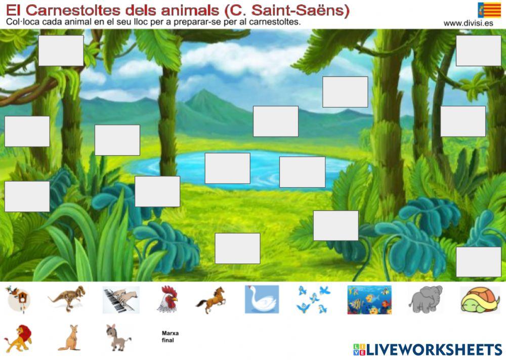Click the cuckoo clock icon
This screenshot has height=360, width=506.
point(18,299)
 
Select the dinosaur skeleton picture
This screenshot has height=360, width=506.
point(67,298)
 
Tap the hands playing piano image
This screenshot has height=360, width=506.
point(121,300)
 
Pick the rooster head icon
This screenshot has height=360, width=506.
point(168,299)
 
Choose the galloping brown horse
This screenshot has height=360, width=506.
point(211,299)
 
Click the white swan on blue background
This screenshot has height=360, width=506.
point(262,299)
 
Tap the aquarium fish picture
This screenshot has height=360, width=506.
point(369,300)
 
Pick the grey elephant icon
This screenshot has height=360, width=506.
point(426,299)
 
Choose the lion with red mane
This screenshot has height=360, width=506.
point(18,337)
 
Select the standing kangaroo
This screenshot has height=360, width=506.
point(69,338)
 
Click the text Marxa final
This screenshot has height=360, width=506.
point(170,337)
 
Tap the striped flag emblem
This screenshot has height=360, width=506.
point(489,10)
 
